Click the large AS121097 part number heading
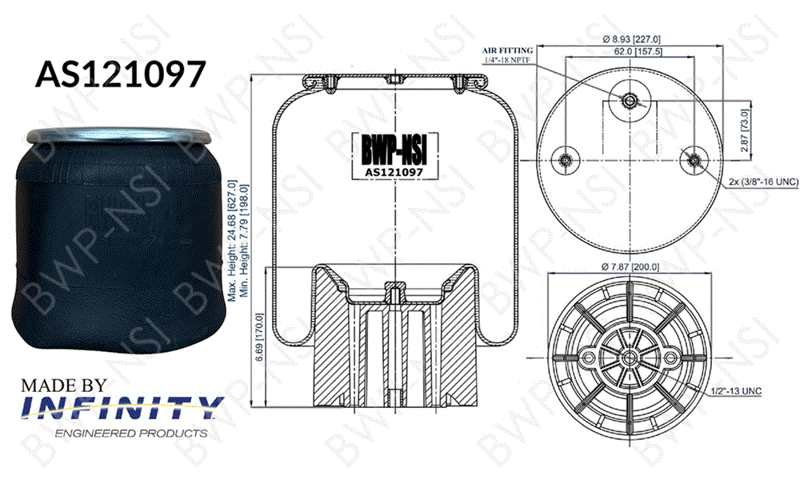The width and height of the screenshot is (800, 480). point(118,74)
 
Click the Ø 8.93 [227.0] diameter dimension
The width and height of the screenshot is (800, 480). point(630,38)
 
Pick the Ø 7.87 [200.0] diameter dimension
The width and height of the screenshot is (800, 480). point(630,267)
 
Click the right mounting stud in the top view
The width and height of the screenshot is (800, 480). point(693,159)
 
